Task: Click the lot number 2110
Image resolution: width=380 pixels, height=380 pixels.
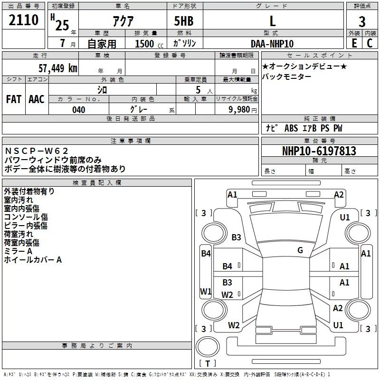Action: tap(24, 20)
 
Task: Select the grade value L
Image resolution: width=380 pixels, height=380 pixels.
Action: tap(272, 21)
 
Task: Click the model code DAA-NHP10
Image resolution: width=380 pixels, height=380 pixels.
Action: tap(272, 44)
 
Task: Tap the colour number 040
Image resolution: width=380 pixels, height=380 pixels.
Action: tap(78, 110)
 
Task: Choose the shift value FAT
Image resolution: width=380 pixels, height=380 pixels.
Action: tap(14, 99)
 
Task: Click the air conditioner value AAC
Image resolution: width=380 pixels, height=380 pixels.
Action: tap(37, 99)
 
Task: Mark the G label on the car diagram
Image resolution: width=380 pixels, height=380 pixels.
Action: tap(300, 250)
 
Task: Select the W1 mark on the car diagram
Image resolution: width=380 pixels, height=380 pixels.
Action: tap(206, 291)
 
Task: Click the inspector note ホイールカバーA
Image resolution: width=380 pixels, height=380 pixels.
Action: tap(33, 260)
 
